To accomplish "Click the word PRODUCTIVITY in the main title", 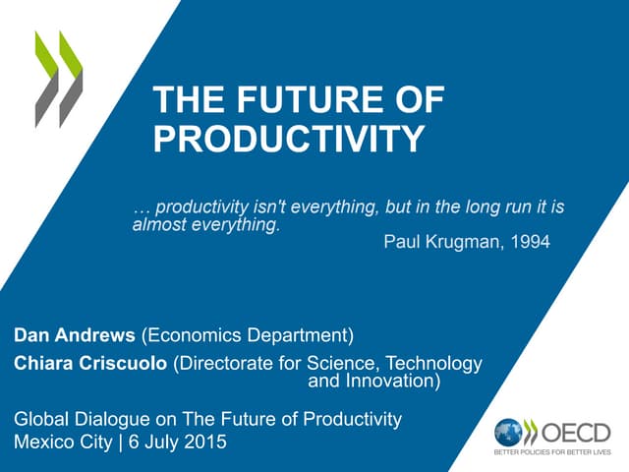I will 289,139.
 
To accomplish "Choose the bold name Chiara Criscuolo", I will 91,364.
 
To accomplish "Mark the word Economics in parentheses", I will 194,336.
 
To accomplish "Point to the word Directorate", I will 228,364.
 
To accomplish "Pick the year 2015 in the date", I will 205,442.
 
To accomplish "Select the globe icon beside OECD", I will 508,431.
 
